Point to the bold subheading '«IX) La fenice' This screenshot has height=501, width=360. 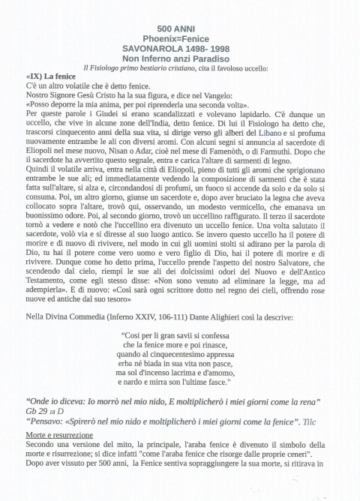tap(49, 77)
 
